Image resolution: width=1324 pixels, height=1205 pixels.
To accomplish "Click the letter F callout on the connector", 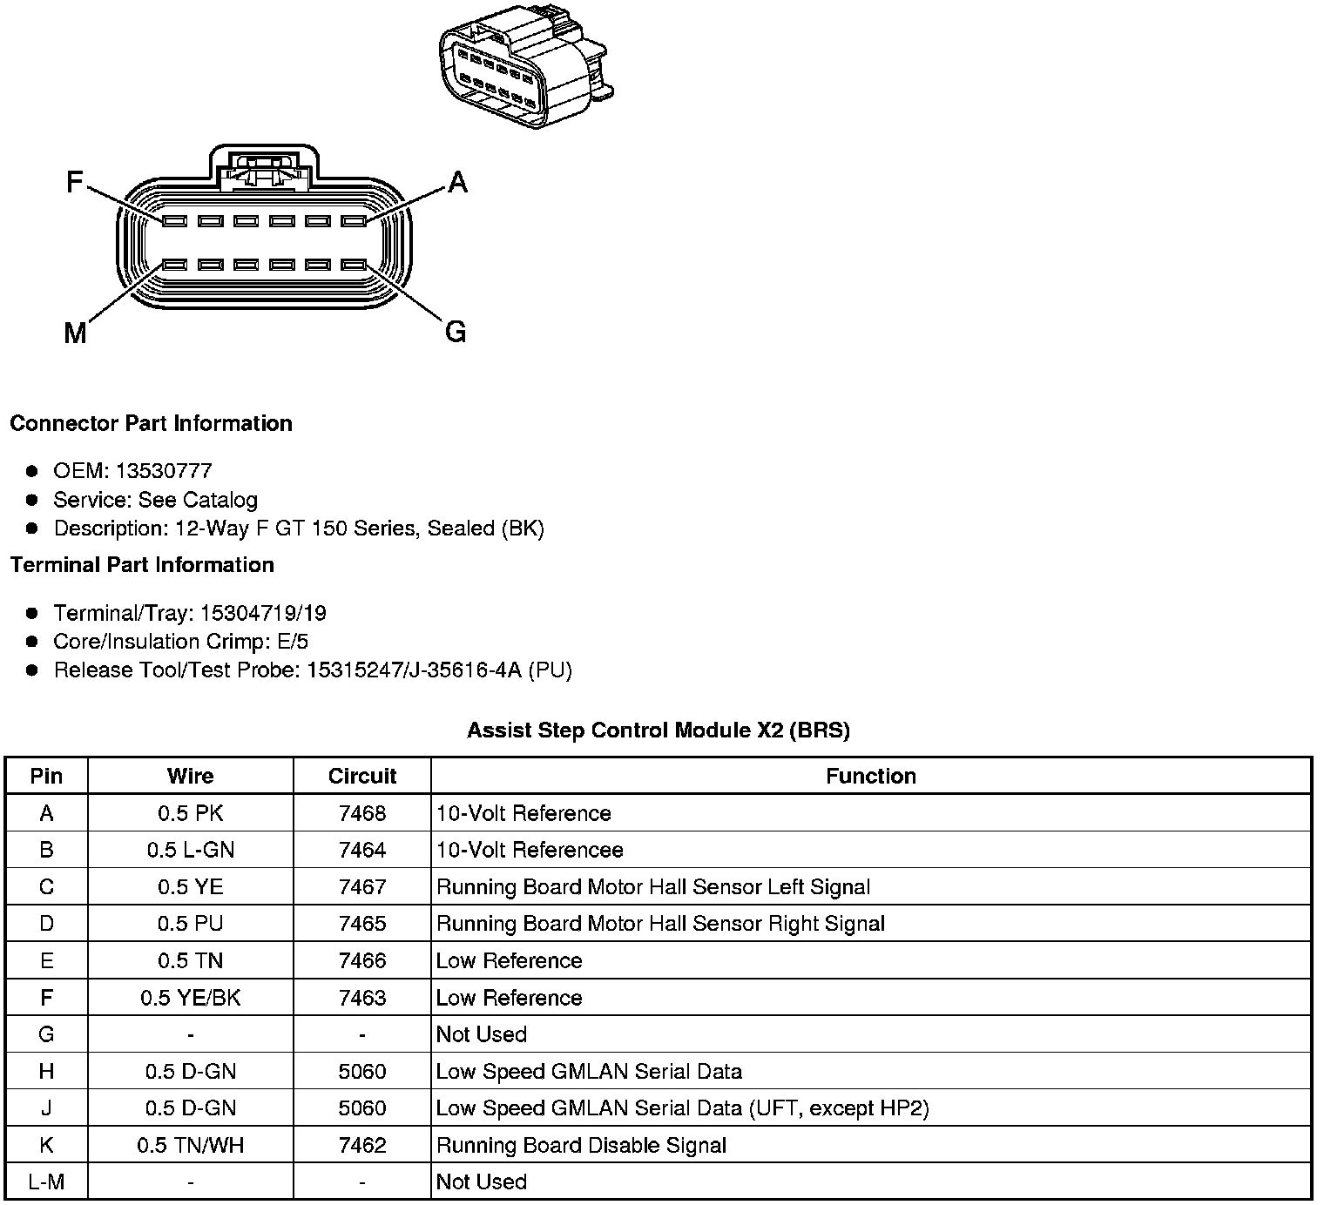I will [x=75, y=182].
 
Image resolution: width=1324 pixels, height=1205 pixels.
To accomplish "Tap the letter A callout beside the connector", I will [x=457, y=182].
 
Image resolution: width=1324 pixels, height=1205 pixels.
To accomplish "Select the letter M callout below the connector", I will [x=75, y=333].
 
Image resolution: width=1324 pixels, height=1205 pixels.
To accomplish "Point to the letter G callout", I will [x=456, y=332].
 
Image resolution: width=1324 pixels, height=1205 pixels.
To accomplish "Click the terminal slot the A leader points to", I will [x=354, y=221].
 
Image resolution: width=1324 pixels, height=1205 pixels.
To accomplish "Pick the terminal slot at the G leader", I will [x=354, y=264].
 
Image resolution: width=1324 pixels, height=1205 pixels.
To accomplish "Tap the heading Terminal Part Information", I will [x=142, y=565].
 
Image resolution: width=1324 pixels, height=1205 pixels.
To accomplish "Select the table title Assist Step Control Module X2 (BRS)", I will [x=659, y=730].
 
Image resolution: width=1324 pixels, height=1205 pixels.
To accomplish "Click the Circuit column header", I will [x=362, y=776].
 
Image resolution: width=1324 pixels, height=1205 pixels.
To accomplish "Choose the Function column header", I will [x=871, y=776].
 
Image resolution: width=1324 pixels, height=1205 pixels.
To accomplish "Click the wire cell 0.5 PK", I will [x=191, y=813].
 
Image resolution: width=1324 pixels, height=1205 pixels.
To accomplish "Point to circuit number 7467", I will [x=362, y=887].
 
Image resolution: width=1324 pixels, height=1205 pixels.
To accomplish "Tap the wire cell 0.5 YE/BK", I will [x=191, y=998].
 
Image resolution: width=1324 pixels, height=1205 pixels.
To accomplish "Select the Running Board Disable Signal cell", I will [x=581, y=1145].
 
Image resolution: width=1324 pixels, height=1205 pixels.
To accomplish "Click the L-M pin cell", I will [x=46, y=1181].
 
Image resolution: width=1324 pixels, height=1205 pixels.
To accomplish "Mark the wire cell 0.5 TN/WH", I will [x=191, y=1145].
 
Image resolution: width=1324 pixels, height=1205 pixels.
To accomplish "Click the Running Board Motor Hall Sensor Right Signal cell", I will [x=660, y=924].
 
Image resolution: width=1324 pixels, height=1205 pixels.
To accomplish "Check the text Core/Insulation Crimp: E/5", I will [x=181, y=642].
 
